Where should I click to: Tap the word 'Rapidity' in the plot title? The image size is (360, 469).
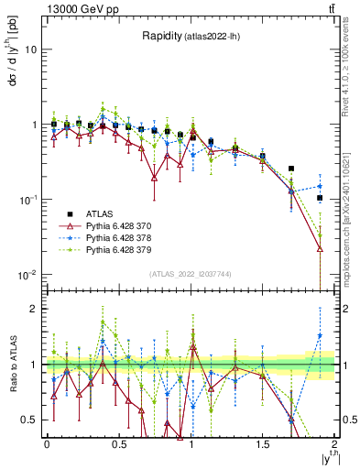[162, 37]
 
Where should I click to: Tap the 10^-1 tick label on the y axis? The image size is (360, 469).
[29, 200]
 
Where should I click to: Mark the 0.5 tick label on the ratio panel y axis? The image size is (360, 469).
[32, 420]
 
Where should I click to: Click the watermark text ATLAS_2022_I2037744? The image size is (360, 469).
[191, 274]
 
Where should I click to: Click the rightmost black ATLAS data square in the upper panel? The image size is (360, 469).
[320, 198]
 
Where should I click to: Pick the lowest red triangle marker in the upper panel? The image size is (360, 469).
[320, 248]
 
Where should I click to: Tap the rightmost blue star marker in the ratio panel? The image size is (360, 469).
[320, 335]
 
